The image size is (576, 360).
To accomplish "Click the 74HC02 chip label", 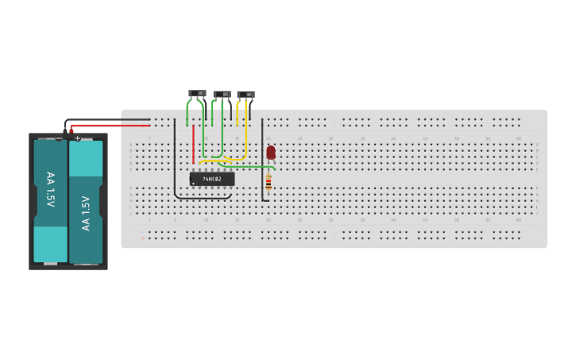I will pyautogui.click(x=211, y=180).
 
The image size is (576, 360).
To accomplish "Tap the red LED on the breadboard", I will pyautogui.click(x=271, y=152).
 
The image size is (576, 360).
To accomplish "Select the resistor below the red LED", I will pyautogui.click(x=269, y=183).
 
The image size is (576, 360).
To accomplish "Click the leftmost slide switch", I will pyautogui.click(x=197, y=94).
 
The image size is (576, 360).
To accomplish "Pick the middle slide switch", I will pyautogui.click(x=222, y=95).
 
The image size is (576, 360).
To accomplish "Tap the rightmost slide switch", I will pyautogui.click(x=245, y=95).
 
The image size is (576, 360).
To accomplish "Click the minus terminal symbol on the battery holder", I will pyautogui.click(x=59, y=138).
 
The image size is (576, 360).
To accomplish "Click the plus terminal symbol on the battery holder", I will pyautogui.click(x=77, y=138).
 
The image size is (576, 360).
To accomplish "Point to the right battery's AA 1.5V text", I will pyautogui.click(x=86, y=213).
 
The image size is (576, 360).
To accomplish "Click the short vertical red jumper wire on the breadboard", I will pyautogui.click(x=193, y=143).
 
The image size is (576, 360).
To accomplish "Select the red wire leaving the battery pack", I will pyautogui.click(x=111, y=126).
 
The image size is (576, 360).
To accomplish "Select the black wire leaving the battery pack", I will pyautogui.click(x=111, y=120).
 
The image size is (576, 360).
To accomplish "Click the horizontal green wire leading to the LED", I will pyautogui.click(x=250, y=167).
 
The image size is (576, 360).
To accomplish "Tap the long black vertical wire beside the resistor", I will pyautogui.click(x=262, y=159).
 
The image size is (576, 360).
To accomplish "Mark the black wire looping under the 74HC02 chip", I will pyautogui.click(x=203, y=198).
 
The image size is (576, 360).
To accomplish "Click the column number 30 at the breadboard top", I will pyautogui.click(x=331, y=138).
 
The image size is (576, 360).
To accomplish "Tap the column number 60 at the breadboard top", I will pyautogui.click(x=518, y=138).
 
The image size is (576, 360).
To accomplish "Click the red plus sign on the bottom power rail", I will pyautogui.click(x=143, y=238).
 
